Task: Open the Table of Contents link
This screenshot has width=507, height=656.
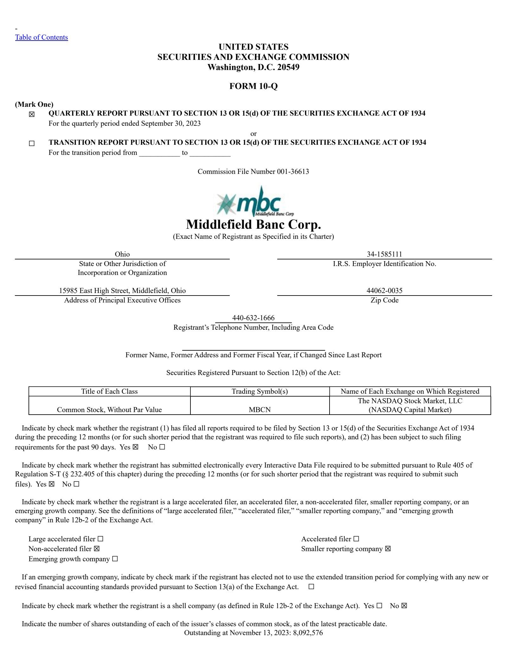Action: pos(42,37)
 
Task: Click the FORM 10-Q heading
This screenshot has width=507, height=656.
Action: pos(253,86)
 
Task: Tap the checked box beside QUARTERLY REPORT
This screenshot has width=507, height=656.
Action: pos(32,114)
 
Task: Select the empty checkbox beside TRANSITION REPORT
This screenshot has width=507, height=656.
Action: pos(32,143)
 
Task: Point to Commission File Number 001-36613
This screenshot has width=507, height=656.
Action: pos(253,172)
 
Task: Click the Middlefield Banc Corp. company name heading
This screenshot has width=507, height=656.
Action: pos(253,225)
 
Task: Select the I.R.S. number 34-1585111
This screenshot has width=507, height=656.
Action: pos(384,254)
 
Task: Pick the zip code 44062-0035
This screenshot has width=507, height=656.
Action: pos(384,290)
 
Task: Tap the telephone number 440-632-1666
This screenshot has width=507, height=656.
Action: pos(253,318)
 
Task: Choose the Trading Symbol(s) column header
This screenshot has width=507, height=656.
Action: pos(260,392)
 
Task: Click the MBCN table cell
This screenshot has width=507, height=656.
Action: pos(260,410)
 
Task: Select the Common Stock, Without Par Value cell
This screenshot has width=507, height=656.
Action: pos(109,410)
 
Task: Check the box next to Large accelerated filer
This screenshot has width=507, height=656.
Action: pos(100,539)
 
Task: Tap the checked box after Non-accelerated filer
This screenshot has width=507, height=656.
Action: pos(97,549)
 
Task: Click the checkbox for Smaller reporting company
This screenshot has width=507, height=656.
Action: pos(388,549)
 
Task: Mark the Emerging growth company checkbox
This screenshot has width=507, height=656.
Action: pos(115,559)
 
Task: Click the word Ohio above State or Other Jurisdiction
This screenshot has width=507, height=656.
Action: pos(122,254)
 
